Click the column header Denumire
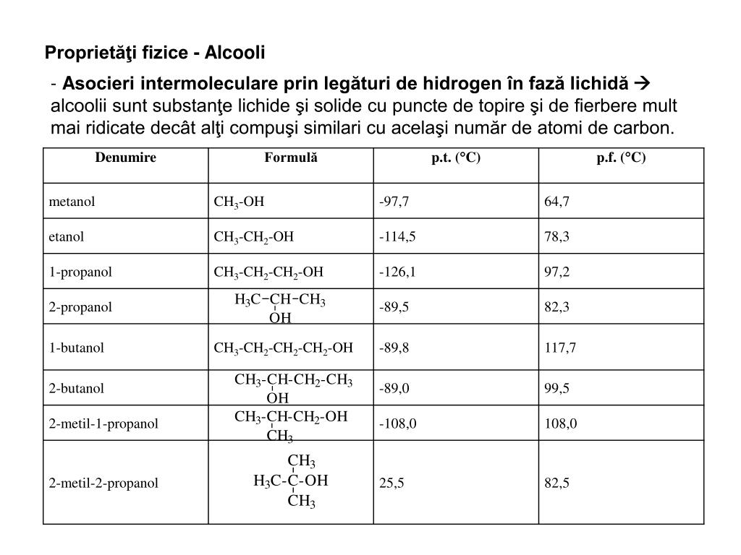[x=126, y=158]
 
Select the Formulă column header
[x=291, y=158]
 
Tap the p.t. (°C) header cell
[x=456, y=158]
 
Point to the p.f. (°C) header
[x=621, y=158]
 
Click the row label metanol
[x=72, y=202]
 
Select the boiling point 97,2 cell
[x=557, y=272]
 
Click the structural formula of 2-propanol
[x=280, y=308]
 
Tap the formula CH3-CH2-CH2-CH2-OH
[x=283, y=348]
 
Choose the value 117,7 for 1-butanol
[x=560, y=348]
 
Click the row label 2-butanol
[x=77, y=388]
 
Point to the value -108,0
[x=397, y=423]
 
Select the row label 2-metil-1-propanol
[x=103, y=423]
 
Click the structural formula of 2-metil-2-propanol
[x=291, y=481]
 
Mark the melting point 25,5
[x=391, y=483]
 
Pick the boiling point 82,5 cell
[x=557, y=483]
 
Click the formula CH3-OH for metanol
[x=239, y=202]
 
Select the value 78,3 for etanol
[x=557, y=236]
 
